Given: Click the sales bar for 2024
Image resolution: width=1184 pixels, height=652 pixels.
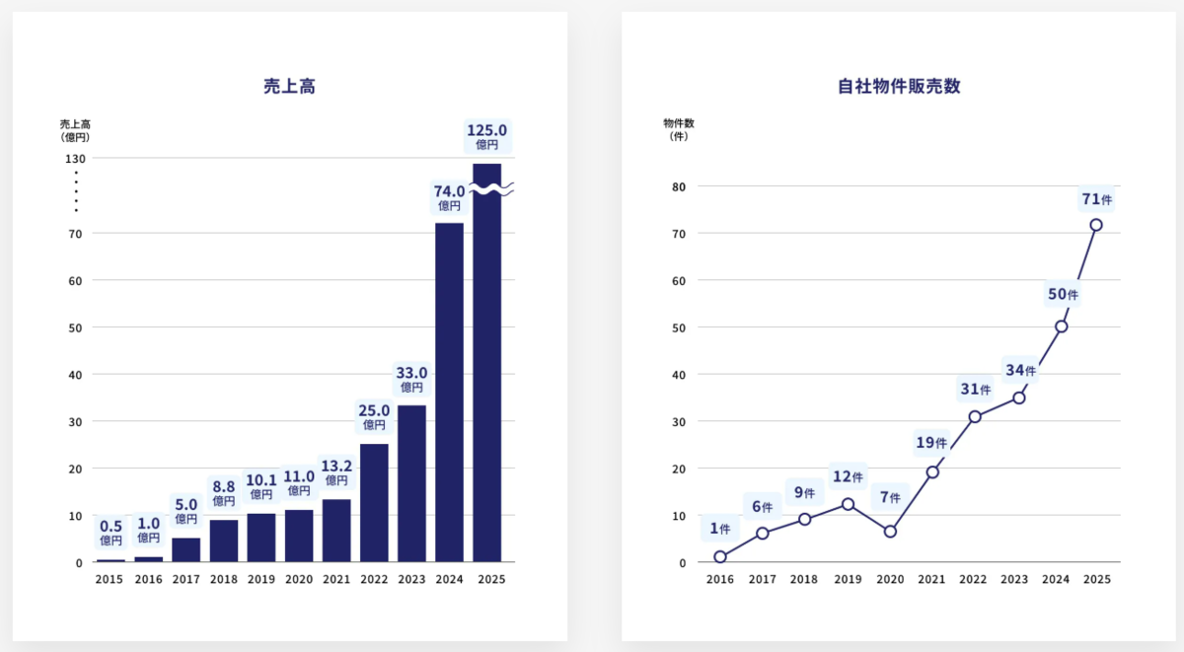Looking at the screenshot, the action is click(x=449, y=392).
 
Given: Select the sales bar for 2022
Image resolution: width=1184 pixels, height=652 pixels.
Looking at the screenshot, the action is click(x=374, y=502).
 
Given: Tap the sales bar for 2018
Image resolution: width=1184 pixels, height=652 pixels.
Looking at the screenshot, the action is click(x=224, y=541).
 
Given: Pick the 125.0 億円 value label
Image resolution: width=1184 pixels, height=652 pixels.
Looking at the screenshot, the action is click(x=486, y=136).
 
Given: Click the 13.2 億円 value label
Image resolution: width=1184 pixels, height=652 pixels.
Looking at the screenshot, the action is click(x=336, y=471).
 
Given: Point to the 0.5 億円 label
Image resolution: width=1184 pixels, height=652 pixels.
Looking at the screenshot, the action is click(x=111, y=532).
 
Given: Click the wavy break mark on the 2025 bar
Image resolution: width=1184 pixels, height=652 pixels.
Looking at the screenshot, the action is click(x=491, y=188).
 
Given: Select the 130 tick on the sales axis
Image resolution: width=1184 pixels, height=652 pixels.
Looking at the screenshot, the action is click(x=75, y=159).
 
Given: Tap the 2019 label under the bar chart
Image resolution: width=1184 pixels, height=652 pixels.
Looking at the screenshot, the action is click(x=261, y=579).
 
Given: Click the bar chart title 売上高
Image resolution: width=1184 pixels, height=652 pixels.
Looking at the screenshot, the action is click(x=290, y=86).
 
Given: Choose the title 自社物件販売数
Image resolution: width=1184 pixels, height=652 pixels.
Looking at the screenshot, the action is click(x=899, y=86).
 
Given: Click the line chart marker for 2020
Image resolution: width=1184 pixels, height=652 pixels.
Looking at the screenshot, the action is click(x=890, y=532).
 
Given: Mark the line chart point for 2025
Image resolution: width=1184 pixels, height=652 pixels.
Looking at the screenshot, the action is click(x=1096, y=225).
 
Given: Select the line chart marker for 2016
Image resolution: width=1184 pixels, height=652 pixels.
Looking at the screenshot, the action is click(x=720, y=557).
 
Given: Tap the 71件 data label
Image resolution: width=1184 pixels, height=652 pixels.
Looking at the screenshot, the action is click(x=1097, y=199).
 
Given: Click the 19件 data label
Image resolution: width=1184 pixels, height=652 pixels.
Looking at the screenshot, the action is click(x=931, y=442).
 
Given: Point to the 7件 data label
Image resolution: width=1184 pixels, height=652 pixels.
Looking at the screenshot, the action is click(x=890, y=497).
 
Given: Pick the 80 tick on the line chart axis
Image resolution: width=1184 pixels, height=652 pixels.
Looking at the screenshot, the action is click(x=679, y=187).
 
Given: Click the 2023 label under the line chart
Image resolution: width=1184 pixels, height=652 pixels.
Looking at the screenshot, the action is click(x=1014, y=579).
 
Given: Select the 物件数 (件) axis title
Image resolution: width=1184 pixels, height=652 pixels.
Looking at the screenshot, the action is click(x=679, y=129).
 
